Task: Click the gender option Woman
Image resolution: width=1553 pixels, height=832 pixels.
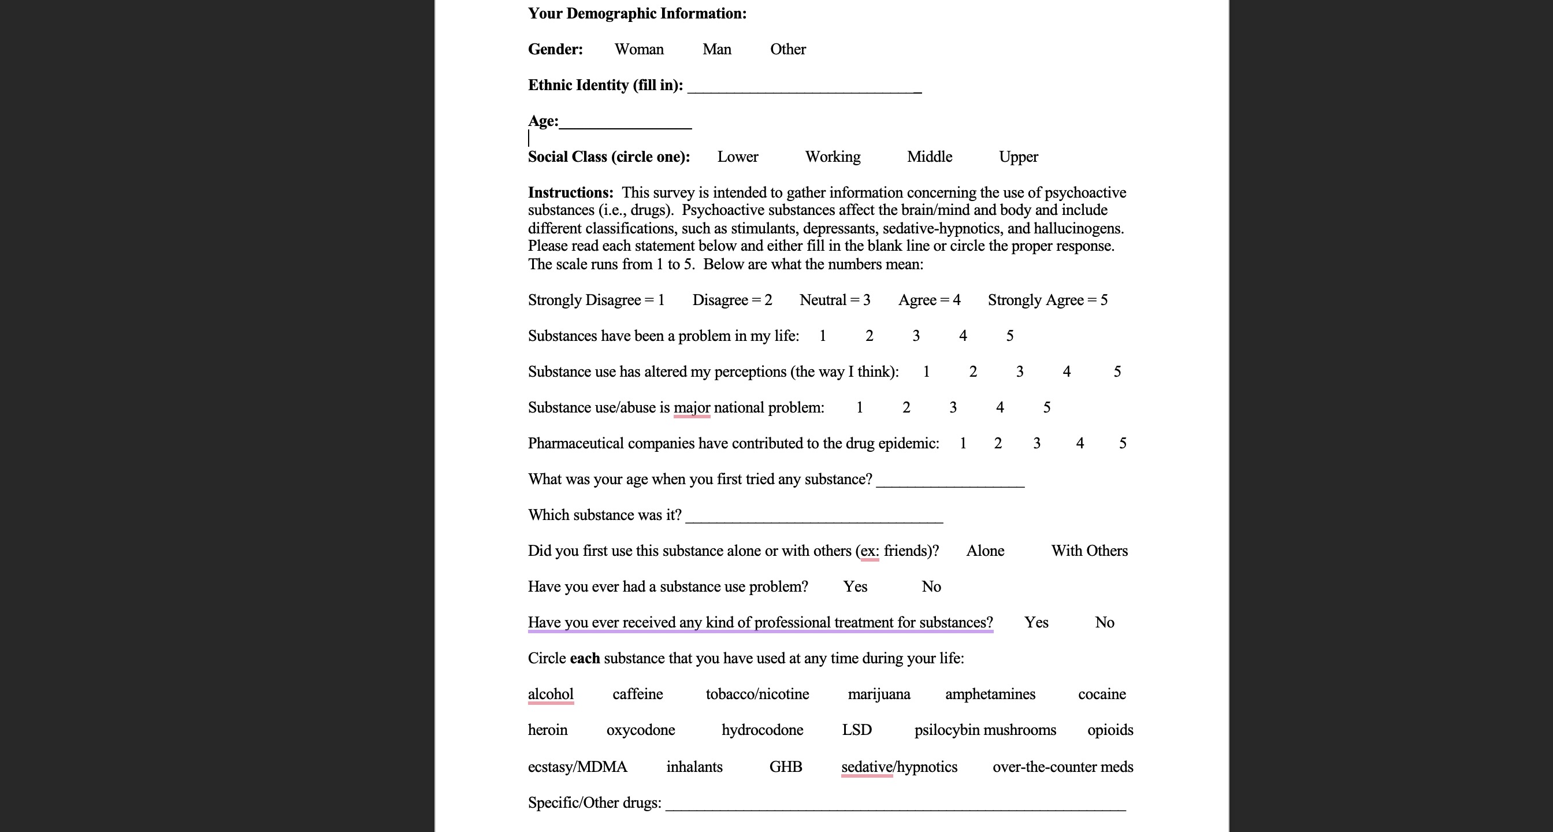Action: (x=638, y=50)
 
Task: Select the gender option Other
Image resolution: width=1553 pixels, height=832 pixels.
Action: (x=787, y=50)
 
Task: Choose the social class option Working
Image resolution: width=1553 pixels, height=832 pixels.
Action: (x=833, y=157)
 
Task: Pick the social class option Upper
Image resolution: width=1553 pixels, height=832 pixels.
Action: (x=1018, y=157)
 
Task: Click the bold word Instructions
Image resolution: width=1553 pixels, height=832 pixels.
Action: (x=570, y=192)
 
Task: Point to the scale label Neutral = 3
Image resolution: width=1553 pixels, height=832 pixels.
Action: (x=834, y=300)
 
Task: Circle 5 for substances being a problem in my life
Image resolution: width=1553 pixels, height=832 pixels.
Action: (x=1009, y=336)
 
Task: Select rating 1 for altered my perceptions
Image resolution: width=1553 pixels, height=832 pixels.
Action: (x=926, y=372)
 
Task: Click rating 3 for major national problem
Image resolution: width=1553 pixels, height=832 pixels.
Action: (x=953, y=407)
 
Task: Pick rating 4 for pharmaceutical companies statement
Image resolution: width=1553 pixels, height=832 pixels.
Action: (x=1079, y=443)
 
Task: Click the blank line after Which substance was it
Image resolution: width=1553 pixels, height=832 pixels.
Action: (x=814, y=517)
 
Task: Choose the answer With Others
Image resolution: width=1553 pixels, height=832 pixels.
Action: (x=1089, y=551)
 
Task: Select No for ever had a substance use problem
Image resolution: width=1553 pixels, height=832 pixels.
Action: (x=931, y=586)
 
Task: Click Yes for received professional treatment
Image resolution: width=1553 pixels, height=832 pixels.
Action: (x=1036, y=622)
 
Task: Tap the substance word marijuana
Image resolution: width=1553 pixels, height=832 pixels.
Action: (x=878, y=694)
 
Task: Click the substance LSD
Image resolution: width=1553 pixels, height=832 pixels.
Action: (x=856, y=730)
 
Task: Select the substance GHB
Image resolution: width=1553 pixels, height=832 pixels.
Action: (x=785, y=767)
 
